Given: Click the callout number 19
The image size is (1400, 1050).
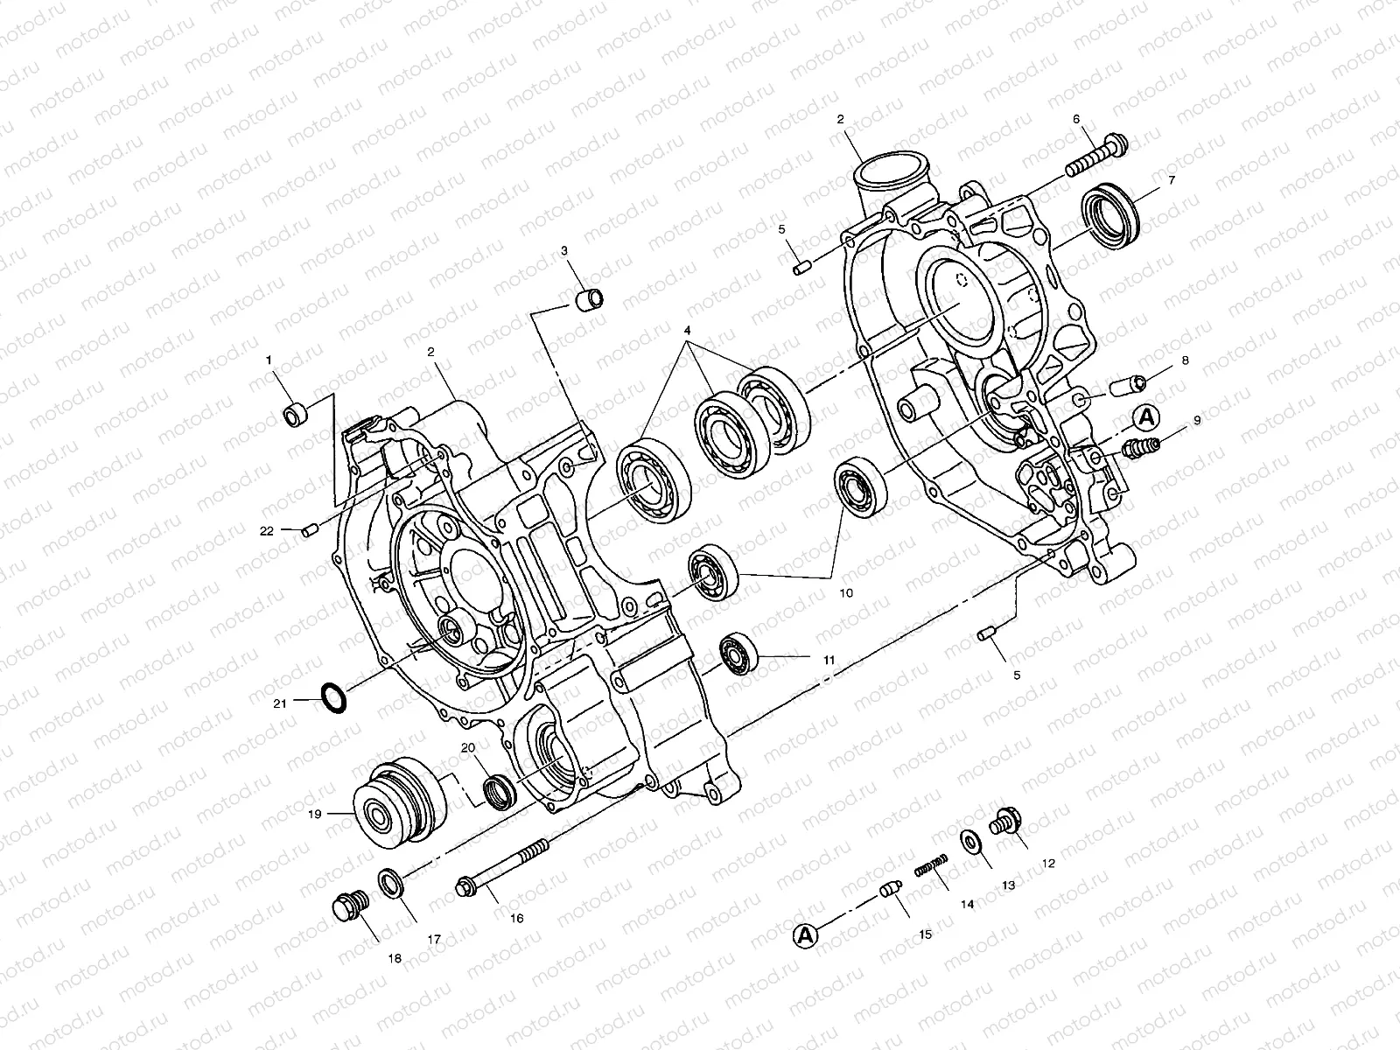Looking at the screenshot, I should [x=314, y=814].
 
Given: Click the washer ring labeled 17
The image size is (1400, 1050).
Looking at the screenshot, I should [x=391, y=883].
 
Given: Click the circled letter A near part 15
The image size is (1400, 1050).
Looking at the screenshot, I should [x=805, y=936].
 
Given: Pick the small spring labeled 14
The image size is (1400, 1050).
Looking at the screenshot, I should [x=932, y=867].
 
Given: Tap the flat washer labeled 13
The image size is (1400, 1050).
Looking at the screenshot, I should [x=971, y=842].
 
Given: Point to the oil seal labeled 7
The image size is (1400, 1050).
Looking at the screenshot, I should [x=1112, y=214].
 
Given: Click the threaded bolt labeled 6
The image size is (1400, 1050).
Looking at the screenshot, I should [x=1098, y=157].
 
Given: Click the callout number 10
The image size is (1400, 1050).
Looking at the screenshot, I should [x=846, y=592].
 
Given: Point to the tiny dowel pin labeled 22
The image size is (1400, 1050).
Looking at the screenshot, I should [x=307, y=530].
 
